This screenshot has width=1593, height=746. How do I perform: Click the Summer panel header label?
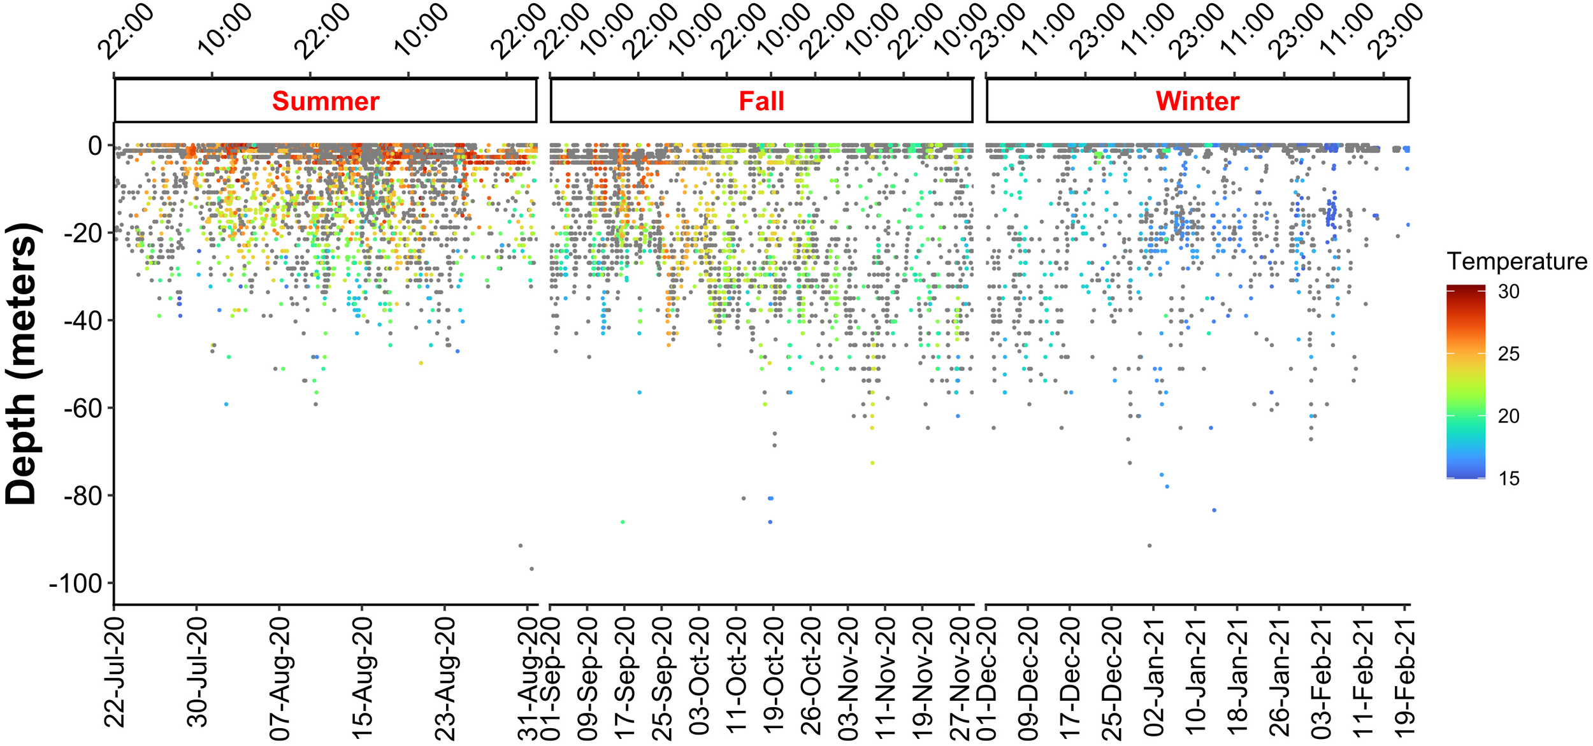click(x=326, y=101)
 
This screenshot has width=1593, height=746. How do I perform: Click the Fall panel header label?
click(x=761, y=101)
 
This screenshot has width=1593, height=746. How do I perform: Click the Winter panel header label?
click(x=1197, y=101)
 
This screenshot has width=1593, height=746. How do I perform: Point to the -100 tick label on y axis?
click(x=76, y=584)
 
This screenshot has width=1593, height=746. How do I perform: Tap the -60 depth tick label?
click(x=83, y=408)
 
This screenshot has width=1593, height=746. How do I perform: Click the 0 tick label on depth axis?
click(x=95, y=146)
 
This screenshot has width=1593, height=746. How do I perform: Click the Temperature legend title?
click(x=1517, y=261)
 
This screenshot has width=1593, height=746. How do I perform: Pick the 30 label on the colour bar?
click(x=1508, y=292)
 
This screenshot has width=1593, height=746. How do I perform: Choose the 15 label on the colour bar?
click(x=1508, y=478)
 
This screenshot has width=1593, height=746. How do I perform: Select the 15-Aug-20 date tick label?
click(x=363, y=681)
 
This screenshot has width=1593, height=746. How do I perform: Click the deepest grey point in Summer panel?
click(x=531, y=569)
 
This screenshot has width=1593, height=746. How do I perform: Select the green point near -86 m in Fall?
click(x=623, y=522)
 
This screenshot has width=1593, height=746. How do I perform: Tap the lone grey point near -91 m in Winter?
click(x=1150, y=545)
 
